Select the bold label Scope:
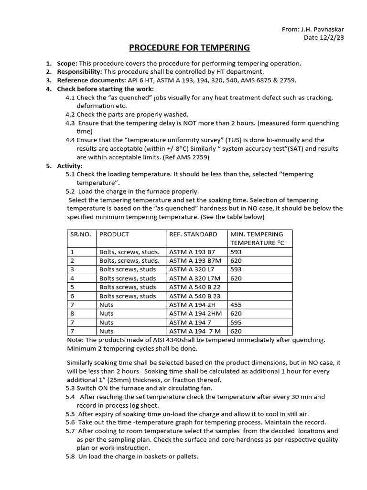pos(67,63)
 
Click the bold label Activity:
pos(70,166)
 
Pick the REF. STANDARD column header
pos(193,234)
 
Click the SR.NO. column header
pos(81,234)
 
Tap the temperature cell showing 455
pos(236,304)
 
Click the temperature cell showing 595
pos(236,322)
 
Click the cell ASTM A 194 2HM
pos(194,313)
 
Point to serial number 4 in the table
pos(72,278)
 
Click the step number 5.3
pos(70,388)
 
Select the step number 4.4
pos(70,140)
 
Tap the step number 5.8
pos(70,457)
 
